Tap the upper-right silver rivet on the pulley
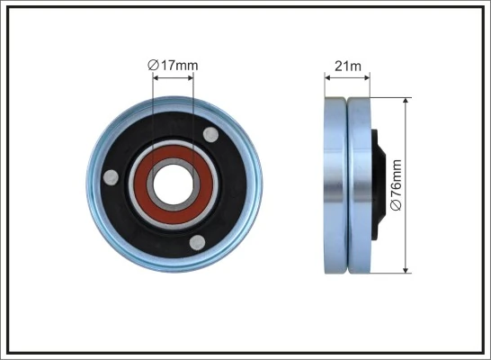click(x=210, y=135)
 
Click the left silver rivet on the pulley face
click(x=111, y=177)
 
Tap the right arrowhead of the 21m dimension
click(x=368, y=76)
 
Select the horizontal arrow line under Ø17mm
click(x=174, y=76)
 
